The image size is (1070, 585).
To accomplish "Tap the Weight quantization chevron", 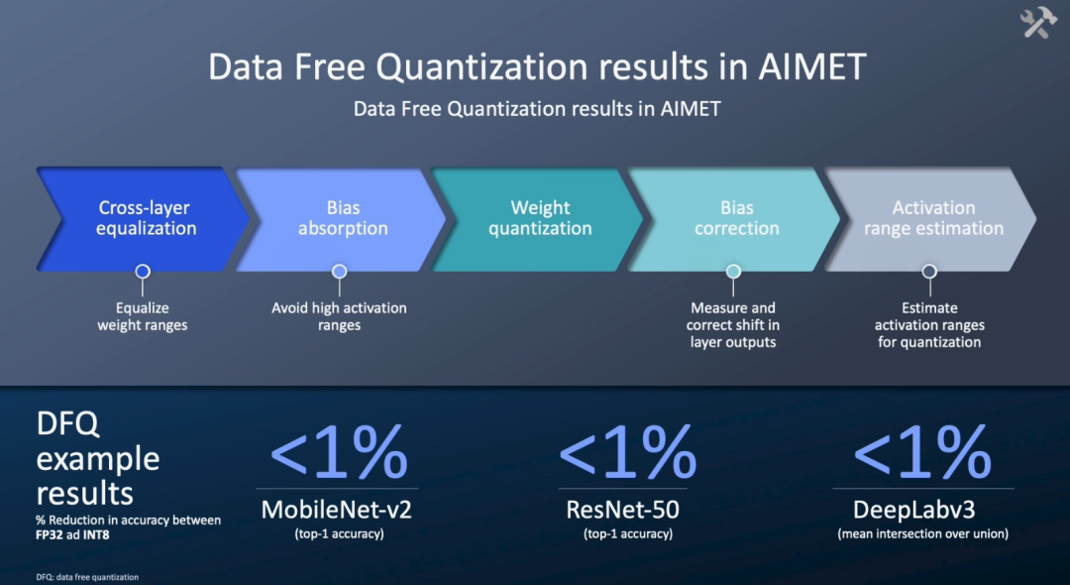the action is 540,218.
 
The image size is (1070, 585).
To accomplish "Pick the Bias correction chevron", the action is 736,218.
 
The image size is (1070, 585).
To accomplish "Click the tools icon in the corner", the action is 1038,24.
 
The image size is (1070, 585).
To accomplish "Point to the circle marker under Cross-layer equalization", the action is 143,272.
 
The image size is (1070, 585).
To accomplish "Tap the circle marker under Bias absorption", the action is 339,272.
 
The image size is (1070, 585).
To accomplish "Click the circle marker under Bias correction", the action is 733,272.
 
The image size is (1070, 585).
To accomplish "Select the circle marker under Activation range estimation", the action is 929,272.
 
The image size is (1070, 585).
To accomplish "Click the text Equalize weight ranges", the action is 142,316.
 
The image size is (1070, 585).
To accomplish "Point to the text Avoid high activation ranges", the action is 339,316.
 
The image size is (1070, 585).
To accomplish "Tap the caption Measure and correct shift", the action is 733,316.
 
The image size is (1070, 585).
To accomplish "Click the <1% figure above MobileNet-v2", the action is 339,451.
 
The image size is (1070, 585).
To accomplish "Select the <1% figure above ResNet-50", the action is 628,451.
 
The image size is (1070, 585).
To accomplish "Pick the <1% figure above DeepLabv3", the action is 922,451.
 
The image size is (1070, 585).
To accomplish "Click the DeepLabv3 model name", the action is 922,510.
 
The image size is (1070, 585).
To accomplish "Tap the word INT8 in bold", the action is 95,535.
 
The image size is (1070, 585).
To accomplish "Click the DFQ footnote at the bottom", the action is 87,577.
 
